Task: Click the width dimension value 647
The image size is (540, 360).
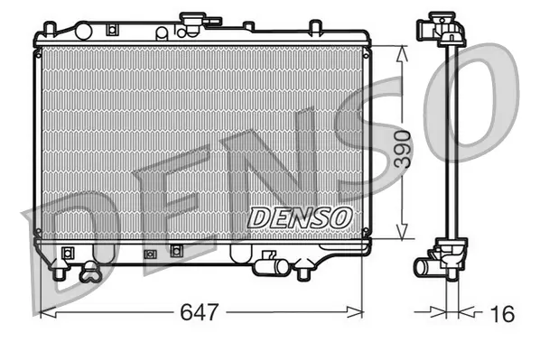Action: point(200,313)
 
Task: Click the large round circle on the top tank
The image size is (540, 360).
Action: point(162,33)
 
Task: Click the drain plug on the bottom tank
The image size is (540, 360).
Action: point(89,270)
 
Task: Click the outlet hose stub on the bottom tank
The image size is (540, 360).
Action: point(264,265)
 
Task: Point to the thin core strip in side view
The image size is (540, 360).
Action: point(449,144)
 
